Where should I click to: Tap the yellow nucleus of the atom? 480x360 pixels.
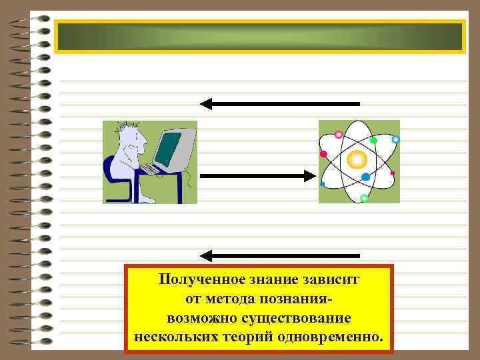point(357,159)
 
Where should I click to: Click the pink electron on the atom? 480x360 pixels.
point(324,154)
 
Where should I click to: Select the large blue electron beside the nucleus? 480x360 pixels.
point(365,177)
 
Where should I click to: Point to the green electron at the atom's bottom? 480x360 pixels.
point(364,198)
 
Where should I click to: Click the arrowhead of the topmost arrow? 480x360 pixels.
point(206,103)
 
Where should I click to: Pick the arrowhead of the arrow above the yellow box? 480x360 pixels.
point(206,255)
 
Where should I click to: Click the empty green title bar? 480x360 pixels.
point(259,37)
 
